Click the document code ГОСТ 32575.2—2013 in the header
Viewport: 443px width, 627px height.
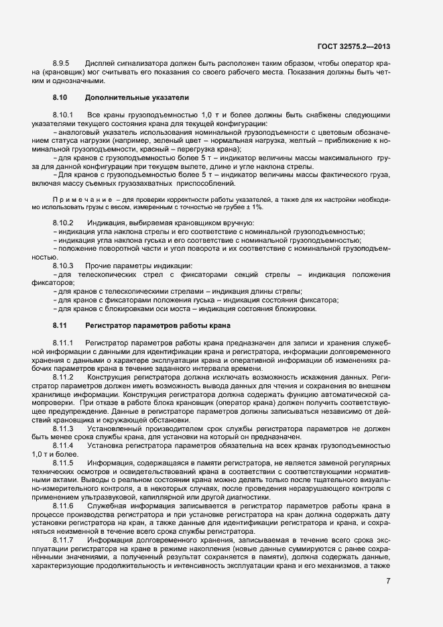354,46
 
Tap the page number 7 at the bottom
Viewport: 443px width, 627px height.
389,581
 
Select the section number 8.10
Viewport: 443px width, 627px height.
60,98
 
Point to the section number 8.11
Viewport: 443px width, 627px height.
60,325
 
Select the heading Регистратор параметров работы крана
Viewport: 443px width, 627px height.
158,325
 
